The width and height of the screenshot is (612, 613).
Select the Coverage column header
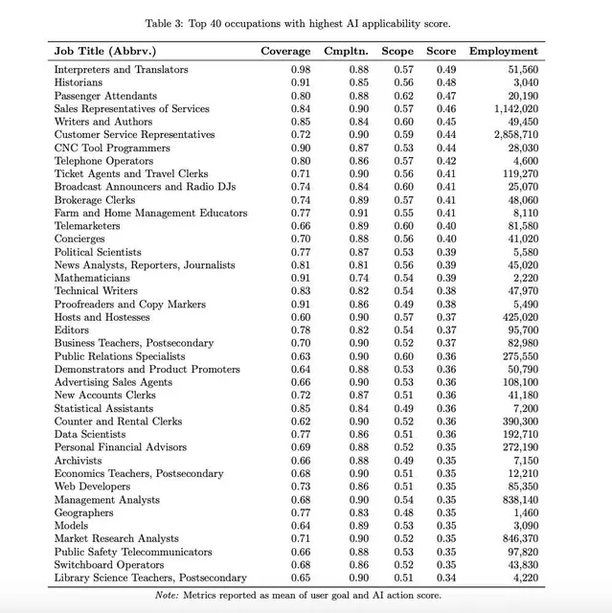(285, 51)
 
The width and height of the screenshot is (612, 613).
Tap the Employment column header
(503, 51)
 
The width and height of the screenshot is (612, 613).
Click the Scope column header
(397, 51)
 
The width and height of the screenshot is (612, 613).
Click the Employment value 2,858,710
(515, 135)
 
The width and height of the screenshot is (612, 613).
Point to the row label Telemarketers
(87, 226)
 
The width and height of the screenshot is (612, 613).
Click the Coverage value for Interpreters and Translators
(301, 70)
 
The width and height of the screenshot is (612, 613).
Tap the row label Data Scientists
(90, 434)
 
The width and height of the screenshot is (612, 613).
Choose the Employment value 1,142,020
(515, 109)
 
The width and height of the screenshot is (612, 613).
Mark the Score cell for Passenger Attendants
(446, 96)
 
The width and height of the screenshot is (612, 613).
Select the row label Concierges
(79, 238)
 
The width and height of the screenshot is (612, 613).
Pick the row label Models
(71, 526)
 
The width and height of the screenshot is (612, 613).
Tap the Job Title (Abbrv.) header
(105, 51)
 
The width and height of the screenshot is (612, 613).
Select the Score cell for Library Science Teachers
(446, 578)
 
